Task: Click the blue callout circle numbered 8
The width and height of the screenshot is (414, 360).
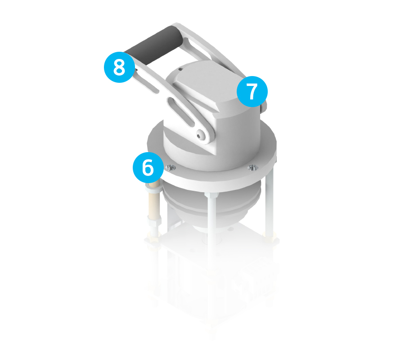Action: (x=119, y=67)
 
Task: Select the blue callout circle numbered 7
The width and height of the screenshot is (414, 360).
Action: (x=252, y=91)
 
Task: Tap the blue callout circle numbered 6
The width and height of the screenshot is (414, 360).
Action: (x=148, y=167)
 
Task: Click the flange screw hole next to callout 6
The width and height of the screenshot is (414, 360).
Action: (x=171, y=167)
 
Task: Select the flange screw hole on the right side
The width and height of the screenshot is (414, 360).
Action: (x=253, y=167)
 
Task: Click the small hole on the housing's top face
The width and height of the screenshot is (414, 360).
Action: (x=180, y=69)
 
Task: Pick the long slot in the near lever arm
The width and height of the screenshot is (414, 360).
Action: (x=181, y=112)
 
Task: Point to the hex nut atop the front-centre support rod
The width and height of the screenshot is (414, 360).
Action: (x=211, y=195)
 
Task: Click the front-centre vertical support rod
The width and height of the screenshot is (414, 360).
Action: (x=211, y=233)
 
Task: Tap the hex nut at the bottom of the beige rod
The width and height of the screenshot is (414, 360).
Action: (x=154, y=220)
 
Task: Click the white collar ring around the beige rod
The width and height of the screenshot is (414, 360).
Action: (x=153, y=188)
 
